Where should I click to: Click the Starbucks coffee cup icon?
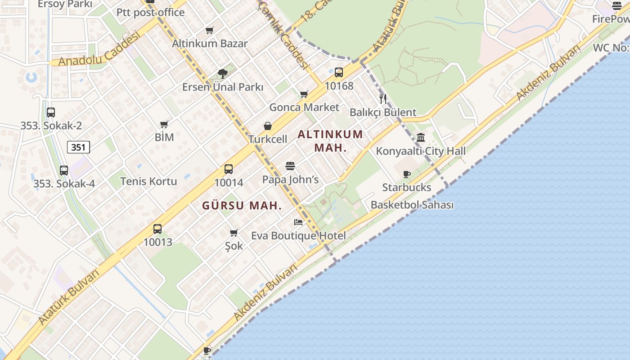point(407,175)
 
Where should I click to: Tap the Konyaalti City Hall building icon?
point(421,138)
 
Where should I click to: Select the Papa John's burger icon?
point(290,166)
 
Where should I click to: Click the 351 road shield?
point(79,147)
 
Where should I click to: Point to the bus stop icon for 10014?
point(229,169)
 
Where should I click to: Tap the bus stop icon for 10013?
point(157,229)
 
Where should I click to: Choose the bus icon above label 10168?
point(339,72)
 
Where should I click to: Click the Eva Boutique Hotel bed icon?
point(298,222)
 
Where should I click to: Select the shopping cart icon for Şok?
point(234,233)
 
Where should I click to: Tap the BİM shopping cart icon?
point(164,124)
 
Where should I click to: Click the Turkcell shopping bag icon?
point(268,126)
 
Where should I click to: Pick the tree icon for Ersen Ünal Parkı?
point(222,74)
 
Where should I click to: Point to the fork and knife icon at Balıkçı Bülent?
point(383,99)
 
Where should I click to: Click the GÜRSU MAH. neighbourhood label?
point(242,206)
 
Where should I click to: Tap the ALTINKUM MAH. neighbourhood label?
point(330,141)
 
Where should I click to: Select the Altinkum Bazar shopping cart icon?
point(210,31)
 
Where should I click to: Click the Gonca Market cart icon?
point(304,94)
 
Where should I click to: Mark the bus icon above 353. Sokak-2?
point(51,112)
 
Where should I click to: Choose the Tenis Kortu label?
point(148,181)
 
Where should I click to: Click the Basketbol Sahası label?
point(412,205)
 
